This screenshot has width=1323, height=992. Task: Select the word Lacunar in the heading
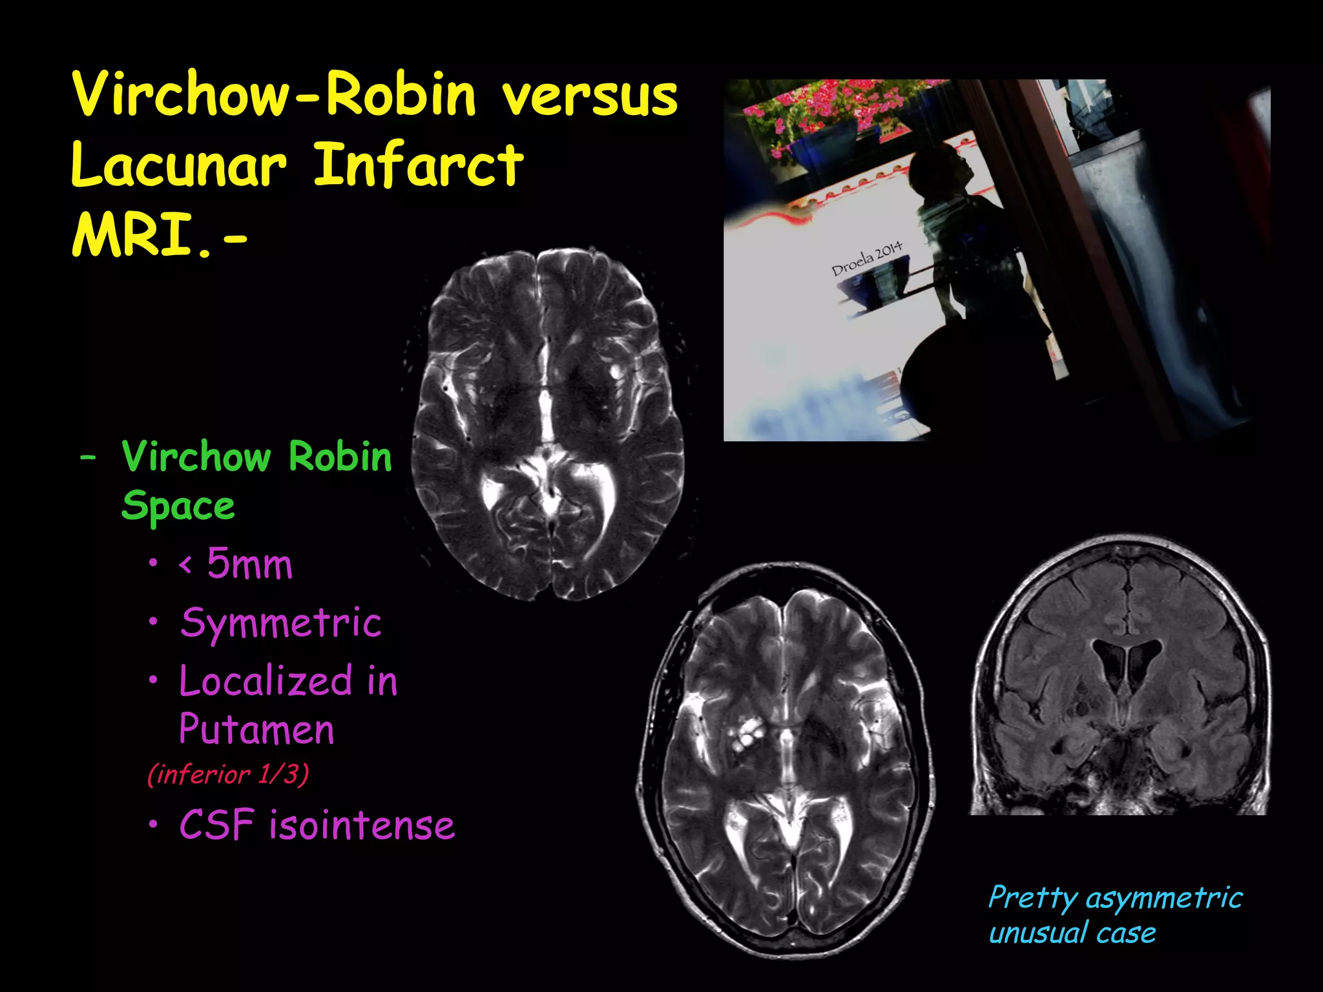point(178,166)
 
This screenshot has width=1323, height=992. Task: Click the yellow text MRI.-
point(159,236)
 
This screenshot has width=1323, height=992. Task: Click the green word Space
point(178,506)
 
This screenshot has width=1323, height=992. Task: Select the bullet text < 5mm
point(236,564)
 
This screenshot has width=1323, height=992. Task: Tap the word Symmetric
point(281,624)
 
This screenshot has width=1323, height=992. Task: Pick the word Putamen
point(256,730)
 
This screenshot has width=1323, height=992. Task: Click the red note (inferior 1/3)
point(228,774)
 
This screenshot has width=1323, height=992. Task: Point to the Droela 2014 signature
point(866,258)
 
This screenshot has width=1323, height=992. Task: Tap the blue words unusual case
point(1072,933)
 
